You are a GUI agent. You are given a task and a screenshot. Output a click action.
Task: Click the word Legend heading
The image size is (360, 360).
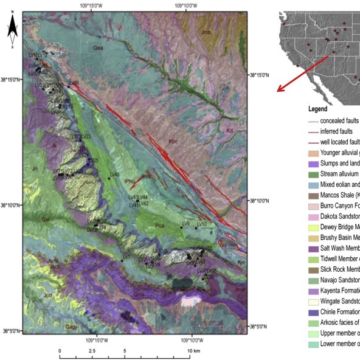pyautogui.click(x=317, y=109)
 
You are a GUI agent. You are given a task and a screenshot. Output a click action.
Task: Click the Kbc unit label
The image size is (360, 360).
pyautogui.click(x=173, y=142)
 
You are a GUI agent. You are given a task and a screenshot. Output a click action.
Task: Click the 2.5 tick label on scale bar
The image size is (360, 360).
pyautogui.click(x=92, y=351)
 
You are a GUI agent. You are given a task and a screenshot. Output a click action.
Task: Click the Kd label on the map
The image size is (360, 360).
pyautogui.click(x=229, y=130)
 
